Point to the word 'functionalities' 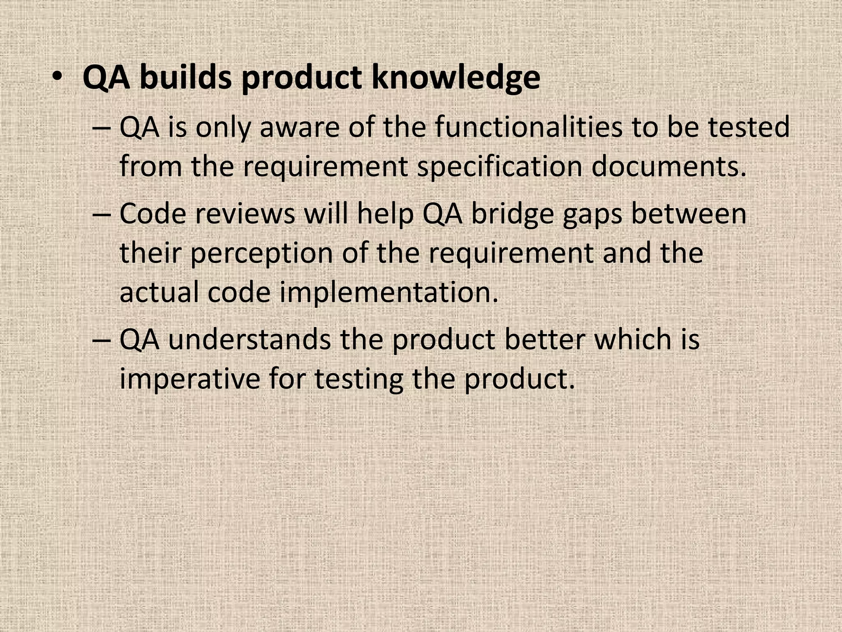529,127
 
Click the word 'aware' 300,128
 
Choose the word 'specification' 500,167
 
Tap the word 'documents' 669,167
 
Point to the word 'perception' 261,253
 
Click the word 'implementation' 389,293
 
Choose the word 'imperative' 190,379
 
